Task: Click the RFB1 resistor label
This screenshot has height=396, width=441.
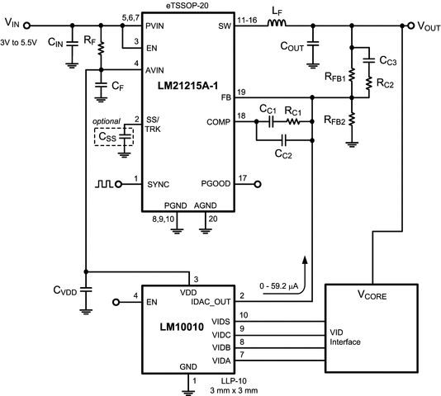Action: click(334, 77)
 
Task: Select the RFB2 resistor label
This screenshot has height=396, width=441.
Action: click(334, 118)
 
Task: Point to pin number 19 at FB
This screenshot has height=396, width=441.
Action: click(240, 91)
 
